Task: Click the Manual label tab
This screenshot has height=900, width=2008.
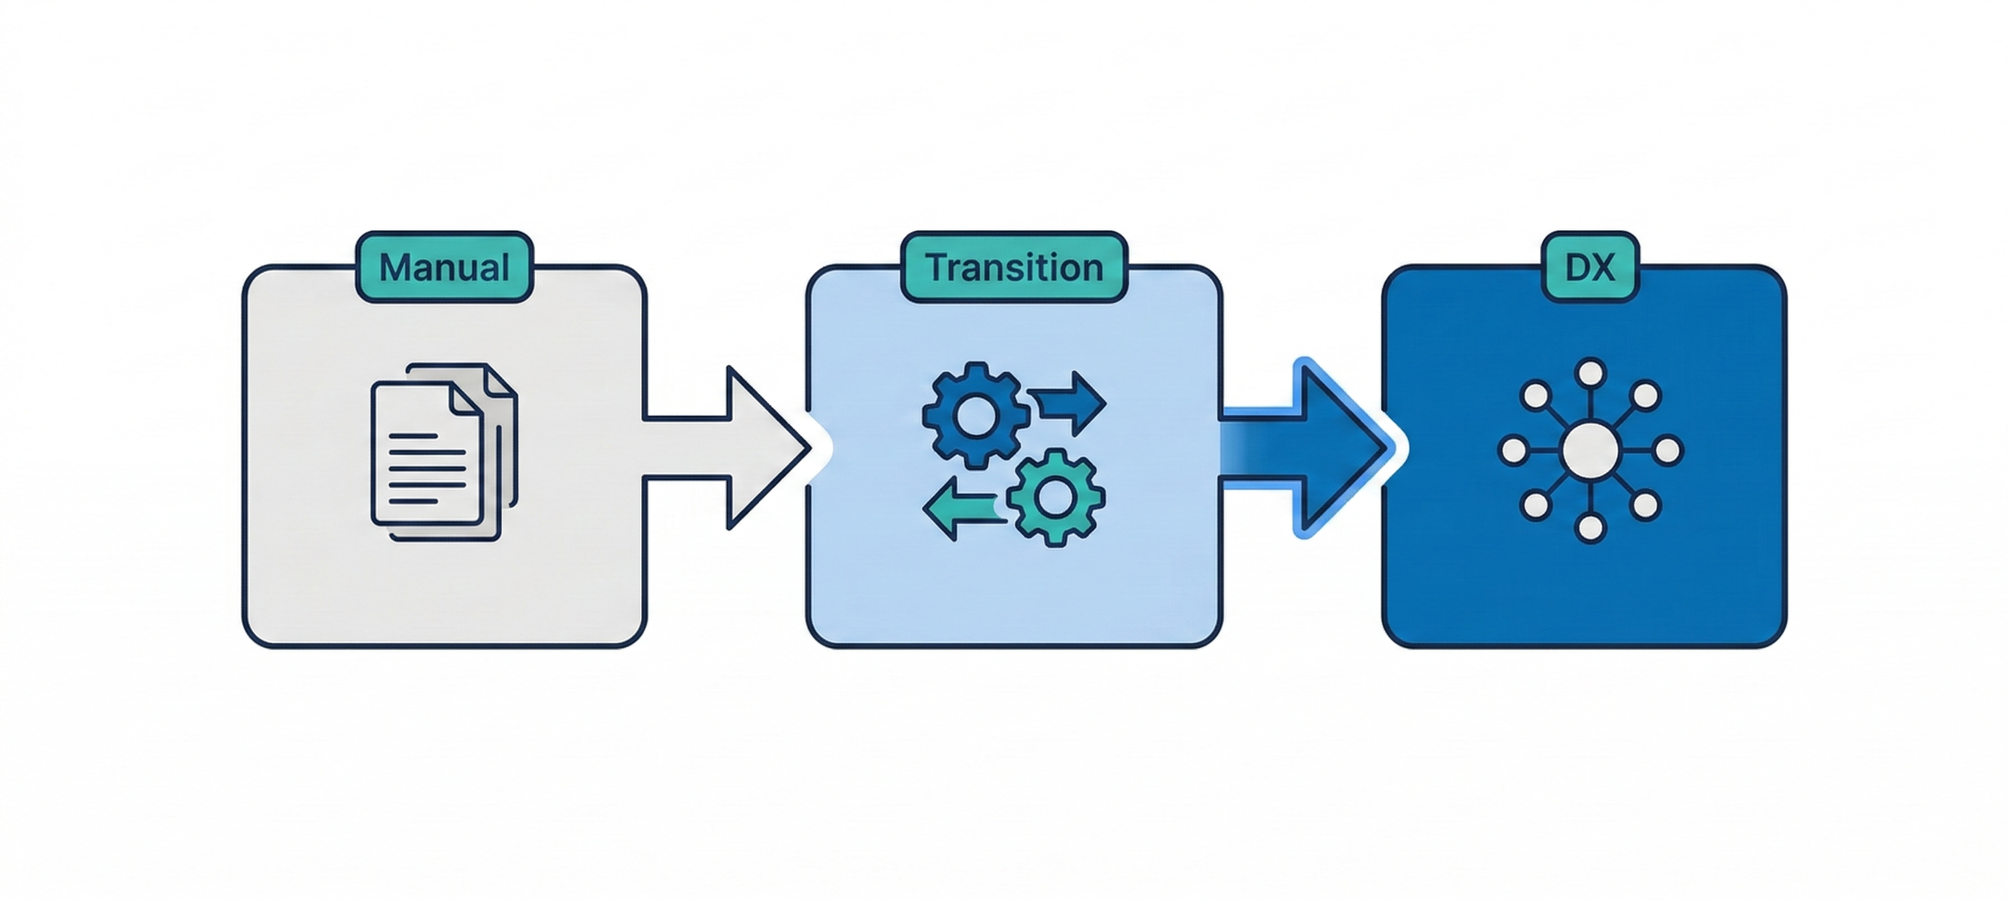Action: [444, 267]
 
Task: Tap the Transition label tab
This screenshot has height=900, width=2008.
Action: [1014, 267]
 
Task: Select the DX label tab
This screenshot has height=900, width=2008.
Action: [1590, 267]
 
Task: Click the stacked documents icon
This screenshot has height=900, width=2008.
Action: [443, 453]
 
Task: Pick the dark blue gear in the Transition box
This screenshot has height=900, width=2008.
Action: [972, 414]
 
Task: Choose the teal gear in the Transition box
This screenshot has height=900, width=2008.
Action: [1056, 498]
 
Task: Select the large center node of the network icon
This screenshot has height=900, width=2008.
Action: [1591, 450]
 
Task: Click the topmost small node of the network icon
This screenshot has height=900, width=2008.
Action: [1590, 372]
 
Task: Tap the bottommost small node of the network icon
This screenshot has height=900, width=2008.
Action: [1590, 528]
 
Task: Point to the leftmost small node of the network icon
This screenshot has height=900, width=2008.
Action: [1513, 451]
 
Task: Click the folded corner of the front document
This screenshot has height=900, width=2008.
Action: [467, 398]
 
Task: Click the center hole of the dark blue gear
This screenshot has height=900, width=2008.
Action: [972, 414]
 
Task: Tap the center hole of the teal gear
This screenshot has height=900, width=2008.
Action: [1056, 498]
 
